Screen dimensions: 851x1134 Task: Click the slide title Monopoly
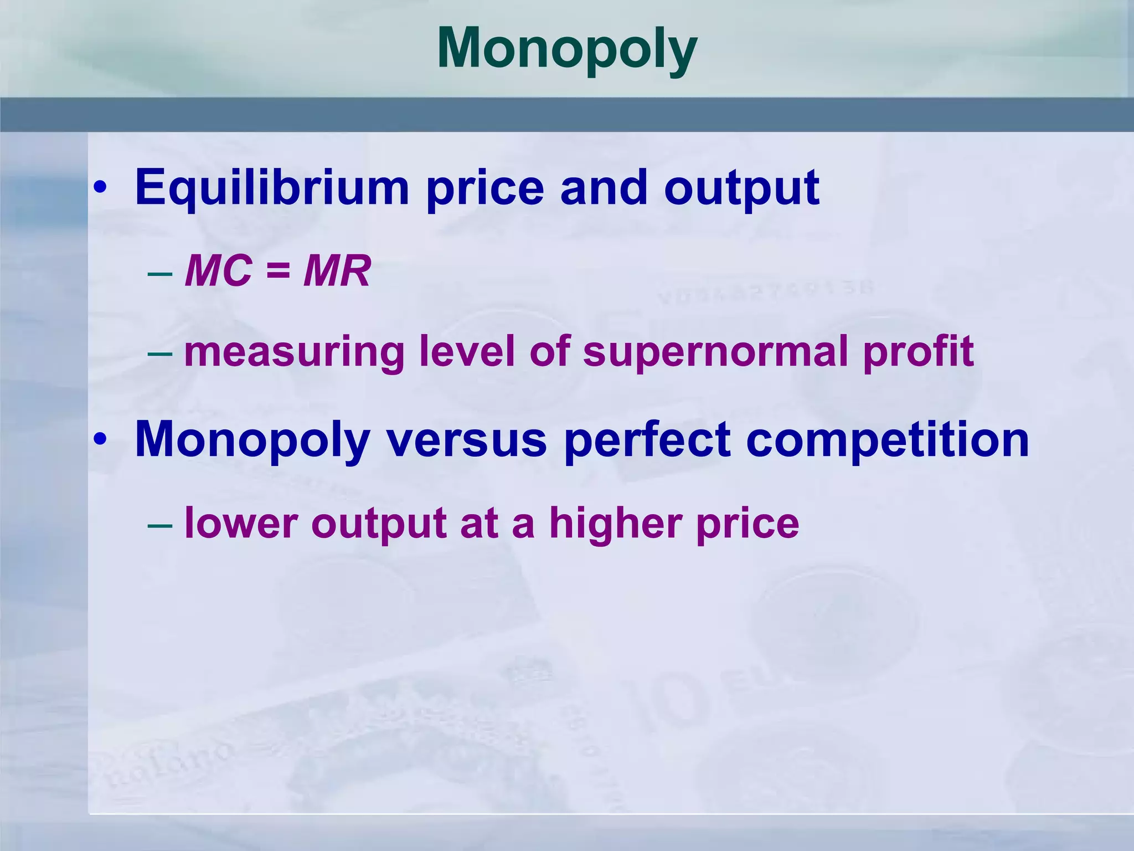coord(567,50)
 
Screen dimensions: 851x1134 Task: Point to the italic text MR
coord(337,271)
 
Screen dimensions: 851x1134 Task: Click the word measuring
coord(293,352)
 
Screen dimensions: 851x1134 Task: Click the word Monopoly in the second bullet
coord(252,440)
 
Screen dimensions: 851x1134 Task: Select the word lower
coord(241,524)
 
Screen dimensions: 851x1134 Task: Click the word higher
coord(615,524)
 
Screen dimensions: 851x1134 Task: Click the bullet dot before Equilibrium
coord(100,188)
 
